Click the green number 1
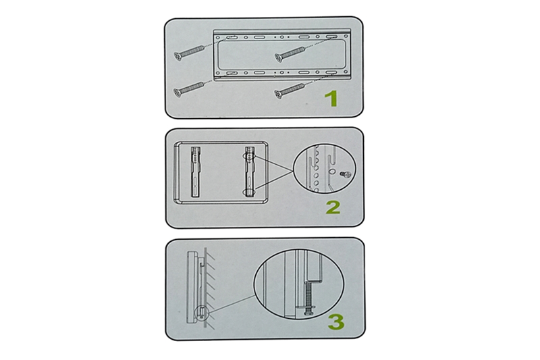[x=331, y=99]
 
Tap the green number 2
[x=333, y=207]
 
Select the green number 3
[x=335, y=322]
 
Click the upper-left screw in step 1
[x=189, y=53]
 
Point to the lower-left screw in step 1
[x=189, y=89]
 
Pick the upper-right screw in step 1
[x=290, y=55]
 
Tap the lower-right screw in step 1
[x=290, y=91]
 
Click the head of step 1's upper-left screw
[x=178, y=56]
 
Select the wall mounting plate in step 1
[x=282, y=55]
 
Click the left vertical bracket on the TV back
[x=196, y=172]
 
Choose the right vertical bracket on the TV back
[x=250, y=172]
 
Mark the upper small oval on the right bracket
[x=249, y=156]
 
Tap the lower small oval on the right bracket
[x=249, y=192]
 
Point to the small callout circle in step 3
[x=201, y=313]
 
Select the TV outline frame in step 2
[x=175, y=172]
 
